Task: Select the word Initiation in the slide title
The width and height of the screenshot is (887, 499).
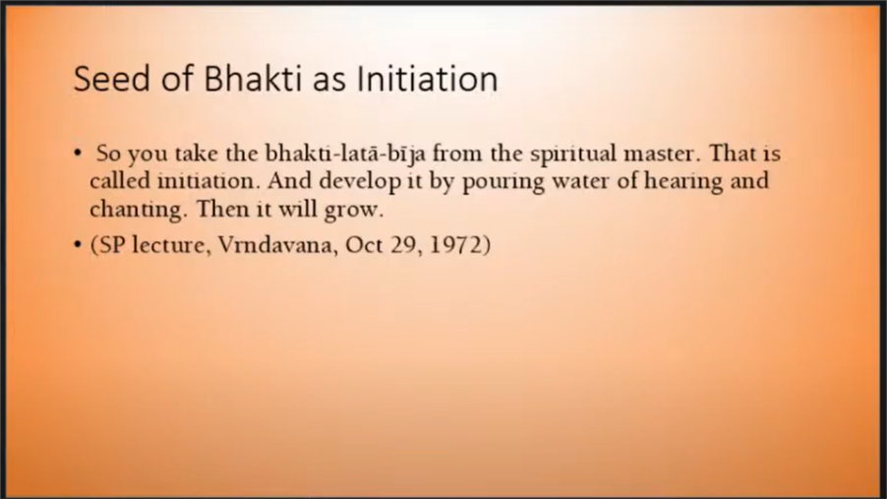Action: point(427,78)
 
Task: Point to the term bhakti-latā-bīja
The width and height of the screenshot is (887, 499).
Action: point(345,155)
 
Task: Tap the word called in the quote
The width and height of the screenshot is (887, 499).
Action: point(119,181)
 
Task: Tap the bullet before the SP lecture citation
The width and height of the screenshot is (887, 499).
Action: point(78,245)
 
